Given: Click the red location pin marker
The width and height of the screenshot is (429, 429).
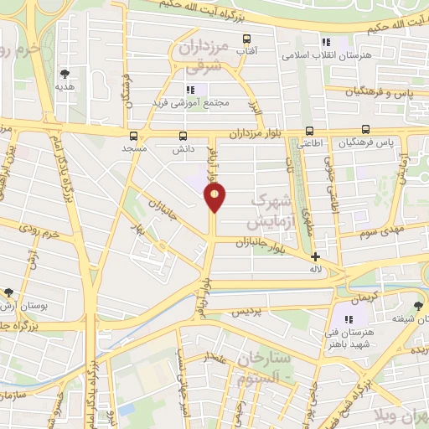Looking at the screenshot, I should pyautogui.click(x=215, y=198).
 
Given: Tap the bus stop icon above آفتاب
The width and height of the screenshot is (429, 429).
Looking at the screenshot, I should pyautogui.click(x=246, y=39).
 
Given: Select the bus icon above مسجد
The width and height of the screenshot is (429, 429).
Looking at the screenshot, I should pyautogui.click(x=133, y=135).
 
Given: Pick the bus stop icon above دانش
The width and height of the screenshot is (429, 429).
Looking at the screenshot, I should pyautogui.click(x=183, y=135).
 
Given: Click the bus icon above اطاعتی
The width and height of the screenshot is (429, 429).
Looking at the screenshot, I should pyautogui.click(x=309, y=131).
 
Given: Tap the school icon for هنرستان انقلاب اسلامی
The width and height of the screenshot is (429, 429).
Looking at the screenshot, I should pyautogui.click(x=327, y=42).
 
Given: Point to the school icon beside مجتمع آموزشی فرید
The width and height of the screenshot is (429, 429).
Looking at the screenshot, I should pyautogui.click(x=191, y=89).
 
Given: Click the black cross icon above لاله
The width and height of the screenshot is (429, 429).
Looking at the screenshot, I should pyautogui.click(x=315, y=257).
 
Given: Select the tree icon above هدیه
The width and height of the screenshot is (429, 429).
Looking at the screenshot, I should pyautogui.click(x=65, y=74).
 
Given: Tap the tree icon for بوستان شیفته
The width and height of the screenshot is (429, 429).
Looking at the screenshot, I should pyautogui.click(x=418, y=306).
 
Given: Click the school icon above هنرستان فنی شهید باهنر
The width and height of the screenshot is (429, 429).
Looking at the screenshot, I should pyautogui.click(x=349, y=319).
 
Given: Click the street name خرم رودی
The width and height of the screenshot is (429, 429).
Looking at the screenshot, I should pyautogui.click(x=43, y=234).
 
